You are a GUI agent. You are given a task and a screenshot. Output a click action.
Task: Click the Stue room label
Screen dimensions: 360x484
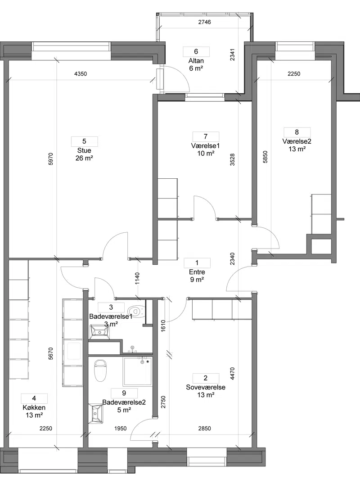click(84, 151)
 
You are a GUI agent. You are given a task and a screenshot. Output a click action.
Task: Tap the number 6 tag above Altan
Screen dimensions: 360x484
click(196, 51)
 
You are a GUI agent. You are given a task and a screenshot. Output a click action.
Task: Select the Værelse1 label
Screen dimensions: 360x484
click(206, 146)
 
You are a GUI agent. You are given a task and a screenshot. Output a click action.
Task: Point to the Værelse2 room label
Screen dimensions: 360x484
click(297, 141)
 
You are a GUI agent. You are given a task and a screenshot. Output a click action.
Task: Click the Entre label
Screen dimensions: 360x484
click(197, 272)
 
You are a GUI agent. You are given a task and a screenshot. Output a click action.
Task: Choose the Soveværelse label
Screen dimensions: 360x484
click(206, 387)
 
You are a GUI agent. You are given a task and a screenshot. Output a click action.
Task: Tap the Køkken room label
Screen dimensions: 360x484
click(34, 407)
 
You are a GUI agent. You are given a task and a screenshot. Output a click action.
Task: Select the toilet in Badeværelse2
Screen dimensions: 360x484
click(100, 370)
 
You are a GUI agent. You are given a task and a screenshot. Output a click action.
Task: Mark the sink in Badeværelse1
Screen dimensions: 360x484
click(99, 332)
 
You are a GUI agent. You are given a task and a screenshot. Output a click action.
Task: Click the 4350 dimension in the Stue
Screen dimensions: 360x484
click(81, 74)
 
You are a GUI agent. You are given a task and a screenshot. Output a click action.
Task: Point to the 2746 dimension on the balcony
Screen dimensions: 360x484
click(204, 22)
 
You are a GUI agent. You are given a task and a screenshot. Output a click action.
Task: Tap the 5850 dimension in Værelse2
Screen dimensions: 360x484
click(265, 157)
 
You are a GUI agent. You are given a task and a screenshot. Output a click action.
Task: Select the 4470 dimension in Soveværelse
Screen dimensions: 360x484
click(233, 374)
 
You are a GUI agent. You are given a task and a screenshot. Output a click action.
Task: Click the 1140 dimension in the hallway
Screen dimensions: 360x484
click(137, 278)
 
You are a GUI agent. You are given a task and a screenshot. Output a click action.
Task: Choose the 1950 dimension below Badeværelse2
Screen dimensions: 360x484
click(120, 429)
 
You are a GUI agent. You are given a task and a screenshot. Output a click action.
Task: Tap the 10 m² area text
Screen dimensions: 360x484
click(206, 154)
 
